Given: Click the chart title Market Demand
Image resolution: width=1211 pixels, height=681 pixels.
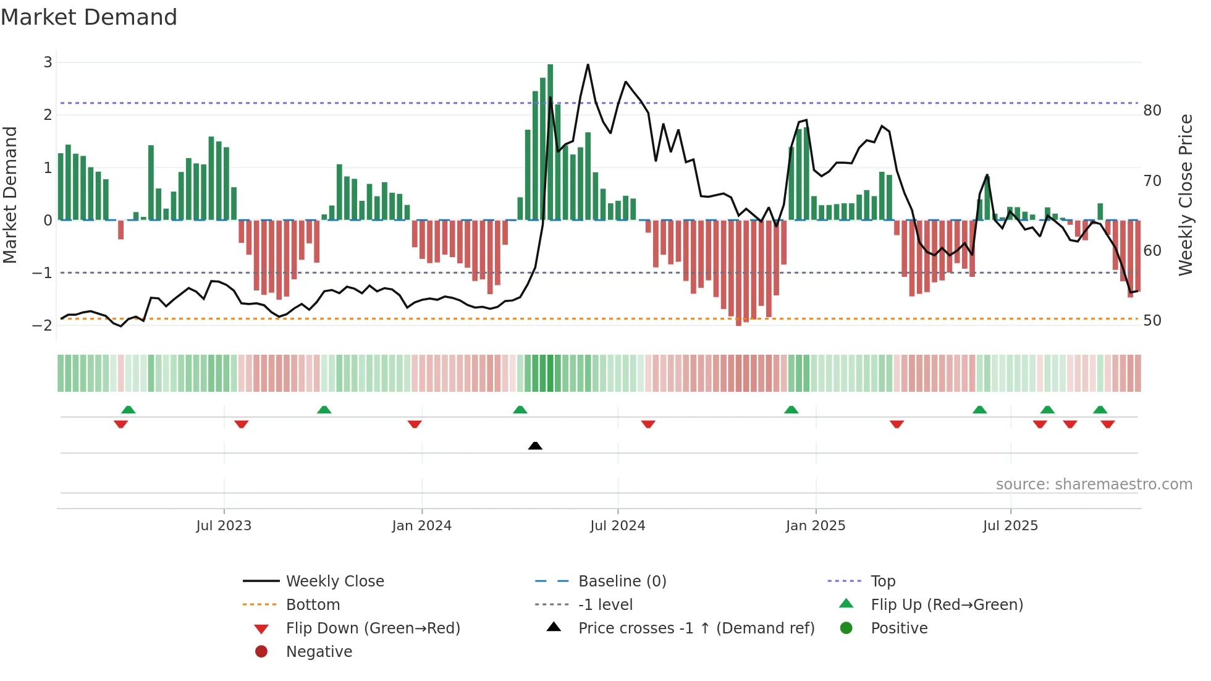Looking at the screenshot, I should tap(89, 17).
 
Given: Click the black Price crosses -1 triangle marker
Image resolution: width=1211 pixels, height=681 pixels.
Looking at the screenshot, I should tap(535, 446).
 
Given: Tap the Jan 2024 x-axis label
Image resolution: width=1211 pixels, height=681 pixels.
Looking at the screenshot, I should tap(421, 526).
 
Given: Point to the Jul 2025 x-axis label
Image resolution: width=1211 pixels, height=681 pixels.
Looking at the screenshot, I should tap(1010, 526).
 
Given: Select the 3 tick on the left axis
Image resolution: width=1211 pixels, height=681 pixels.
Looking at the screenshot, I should tap(48, 62).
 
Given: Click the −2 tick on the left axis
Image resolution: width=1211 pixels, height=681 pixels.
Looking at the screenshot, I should tap(43, 325).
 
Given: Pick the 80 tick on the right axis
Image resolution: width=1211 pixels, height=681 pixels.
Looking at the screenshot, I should tap(1152, 111).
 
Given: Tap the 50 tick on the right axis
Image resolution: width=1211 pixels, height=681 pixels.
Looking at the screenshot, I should tap(1152, 321).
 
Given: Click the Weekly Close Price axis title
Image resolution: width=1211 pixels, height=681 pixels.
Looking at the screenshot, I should tap(1185, 195).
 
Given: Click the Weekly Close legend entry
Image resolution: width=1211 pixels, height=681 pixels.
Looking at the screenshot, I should tap(334, 581).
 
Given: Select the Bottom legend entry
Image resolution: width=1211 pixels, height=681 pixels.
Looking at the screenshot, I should tap(313, 604).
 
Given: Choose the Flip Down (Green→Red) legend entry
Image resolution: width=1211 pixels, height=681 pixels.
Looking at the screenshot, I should tap(373, 628).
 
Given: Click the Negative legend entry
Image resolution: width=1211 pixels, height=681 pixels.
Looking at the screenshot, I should tap(319, 651).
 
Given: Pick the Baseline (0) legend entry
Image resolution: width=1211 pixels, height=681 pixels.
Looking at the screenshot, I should tap(622, 581).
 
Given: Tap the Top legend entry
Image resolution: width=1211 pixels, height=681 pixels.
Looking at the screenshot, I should tap(883, 581).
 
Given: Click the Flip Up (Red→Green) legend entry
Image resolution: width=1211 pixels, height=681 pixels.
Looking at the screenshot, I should tap(947, 604).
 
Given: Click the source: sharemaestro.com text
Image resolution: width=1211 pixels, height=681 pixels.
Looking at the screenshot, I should tap(1094, 484).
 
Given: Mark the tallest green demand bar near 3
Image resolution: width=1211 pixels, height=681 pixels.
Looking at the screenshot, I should tap(550, 142).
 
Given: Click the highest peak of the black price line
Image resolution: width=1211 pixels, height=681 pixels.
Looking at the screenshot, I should tap(588, 65).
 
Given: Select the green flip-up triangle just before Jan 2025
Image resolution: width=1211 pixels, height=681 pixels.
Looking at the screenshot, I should tap(791, 410).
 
